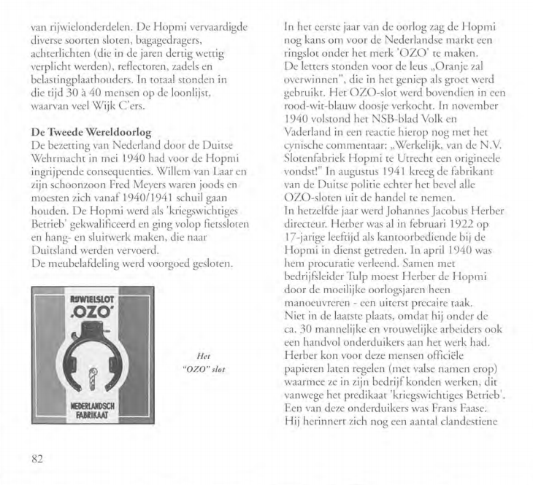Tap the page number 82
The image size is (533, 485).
pos(38,459)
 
